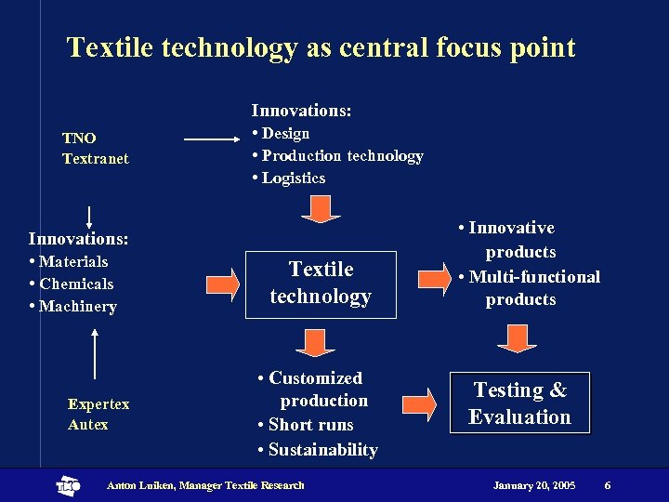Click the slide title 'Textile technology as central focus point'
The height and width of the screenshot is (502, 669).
coord(321,47)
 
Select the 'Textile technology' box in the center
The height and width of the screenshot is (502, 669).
coord(321,284)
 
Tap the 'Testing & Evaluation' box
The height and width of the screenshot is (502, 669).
coord(519,403)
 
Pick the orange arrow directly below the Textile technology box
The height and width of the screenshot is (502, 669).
coord(316,341)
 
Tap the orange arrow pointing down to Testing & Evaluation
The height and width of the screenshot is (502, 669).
coord(517,338)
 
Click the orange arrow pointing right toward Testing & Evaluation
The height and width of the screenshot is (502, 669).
coord(419,403)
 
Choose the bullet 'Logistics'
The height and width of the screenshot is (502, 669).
coord(293,178)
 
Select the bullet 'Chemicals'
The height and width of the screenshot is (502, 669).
coord(75,284)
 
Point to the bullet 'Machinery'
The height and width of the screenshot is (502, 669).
coord(77,306)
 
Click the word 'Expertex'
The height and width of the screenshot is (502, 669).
coord(98,403)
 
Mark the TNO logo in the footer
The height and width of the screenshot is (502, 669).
coord(69,485)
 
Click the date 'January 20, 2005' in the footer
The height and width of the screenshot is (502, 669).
coord(533,485)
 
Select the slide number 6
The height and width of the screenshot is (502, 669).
coord(607,485)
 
